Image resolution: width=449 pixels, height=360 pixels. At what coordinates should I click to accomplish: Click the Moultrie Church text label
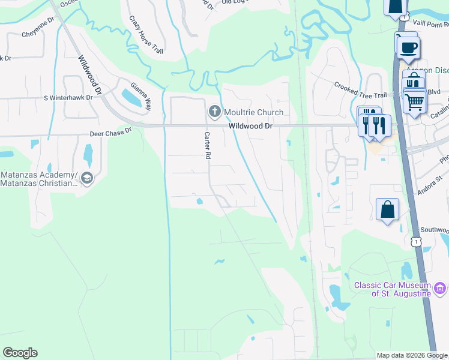pyautogui.click(x=253, y=112)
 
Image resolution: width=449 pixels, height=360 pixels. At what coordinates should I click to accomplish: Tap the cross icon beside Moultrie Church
pyautogui.click(x=214, y=111)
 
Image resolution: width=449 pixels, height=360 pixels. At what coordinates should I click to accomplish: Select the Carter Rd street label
pyautogui.click(x=208, y=145)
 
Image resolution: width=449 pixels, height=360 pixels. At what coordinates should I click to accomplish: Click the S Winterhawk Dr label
pyautogui.click(x=68, y=97)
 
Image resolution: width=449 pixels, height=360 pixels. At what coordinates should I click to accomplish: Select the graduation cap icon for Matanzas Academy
pyautogui.click(x=87, y=178)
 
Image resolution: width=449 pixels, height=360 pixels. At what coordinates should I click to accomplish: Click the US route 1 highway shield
pyautogui.click(x=415, y=241)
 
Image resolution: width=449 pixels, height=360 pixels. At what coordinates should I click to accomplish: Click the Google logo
pyautogui.click(x=20, y=353)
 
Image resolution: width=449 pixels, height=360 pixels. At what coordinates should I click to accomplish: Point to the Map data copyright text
pyautogui.click(x=412, y=355)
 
